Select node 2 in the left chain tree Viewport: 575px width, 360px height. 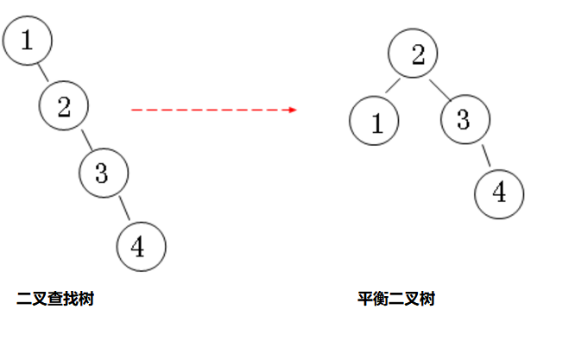click(x=65, y=106)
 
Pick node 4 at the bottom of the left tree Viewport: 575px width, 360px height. click(x=141, y=246)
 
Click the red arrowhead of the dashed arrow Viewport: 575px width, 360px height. click(x=293, y=110)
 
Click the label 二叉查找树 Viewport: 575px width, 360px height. click(x=55, y=300)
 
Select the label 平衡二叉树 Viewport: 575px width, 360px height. click(x=396, y=300)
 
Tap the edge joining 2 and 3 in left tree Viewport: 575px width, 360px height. click(x=85, y=140)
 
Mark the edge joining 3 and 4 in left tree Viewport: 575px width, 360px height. click(x=123, y=209)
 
